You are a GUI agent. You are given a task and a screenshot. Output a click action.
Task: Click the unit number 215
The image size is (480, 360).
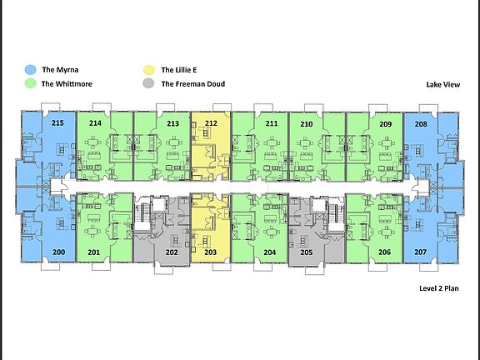[x=57, y=123]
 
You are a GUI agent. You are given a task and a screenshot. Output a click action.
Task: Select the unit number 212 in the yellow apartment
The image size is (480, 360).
[x=211, y=123]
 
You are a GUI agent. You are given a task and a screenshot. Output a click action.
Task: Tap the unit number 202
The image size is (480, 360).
[x=172, y=252]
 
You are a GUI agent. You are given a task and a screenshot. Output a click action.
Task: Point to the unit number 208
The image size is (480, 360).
[x=421, y=124]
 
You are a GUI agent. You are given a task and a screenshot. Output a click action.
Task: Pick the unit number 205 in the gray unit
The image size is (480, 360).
[x=307, y=252]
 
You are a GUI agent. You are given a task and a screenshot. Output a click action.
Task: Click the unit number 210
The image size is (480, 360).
[x=307, y=124]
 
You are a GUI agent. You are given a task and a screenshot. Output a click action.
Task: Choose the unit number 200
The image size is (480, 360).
[x=59, y=252]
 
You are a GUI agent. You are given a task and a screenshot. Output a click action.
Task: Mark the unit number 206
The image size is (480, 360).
[x=384, y=252]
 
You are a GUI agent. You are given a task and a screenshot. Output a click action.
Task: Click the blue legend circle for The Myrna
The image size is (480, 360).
[x=30, y=70]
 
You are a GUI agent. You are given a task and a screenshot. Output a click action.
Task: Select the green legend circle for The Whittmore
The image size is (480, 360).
[x=30, y=83]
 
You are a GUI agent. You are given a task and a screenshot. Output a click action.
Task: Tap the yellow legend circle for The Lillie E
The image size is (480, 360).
[x=149, y=70]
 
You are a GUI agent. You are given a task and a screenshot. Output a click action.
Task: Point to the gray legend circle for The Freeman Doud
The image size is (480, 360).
[x=149, y=83]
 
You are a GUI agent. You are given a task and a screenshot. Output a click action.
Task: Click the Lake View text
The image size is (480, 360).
[x=443, y=84]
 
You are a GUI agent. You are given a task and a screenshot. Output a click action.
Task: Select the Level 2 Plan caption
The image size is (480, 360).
[x=439, y=288]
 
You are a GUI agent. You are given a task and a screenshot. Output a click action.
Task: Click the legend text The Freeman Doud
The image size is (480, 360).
[x=193, y=84]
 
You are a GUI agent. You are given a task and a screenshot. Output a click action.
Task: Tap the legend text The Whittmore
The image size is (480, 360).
[x=67, y=84]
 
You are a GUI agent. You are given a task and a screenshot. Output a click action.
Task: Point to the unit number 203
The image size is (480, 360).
[x=211, y=252]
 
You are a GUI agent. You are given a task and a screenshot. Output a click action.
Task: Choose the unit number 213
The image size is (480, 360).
[x=173, y=123]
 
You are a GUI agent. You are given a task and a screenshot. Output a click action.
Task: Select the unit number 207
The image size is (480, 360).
[x=421, y=252]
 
